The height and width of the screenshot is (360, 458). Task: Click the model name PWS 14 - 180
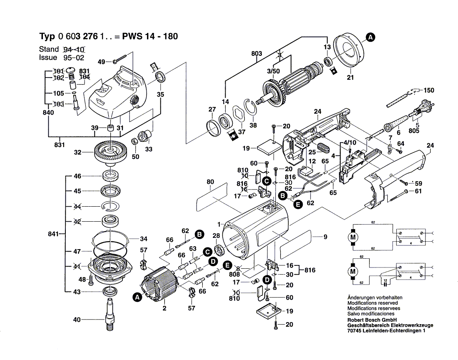pos(150,36)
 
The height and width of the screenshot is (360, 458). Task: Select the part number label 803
pos(257,54)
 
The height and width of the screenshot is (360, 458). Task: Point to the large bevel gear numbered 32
pos(111,153)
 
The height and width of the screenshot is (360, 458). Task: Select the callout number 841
pos(54,234)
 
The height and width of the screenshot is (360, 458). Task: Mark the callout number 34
pos(144,239)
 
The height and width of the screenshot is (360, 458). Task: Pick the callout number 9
pos(325,237)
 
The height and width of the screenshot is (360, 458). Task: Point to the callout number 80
pos(210,182)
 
